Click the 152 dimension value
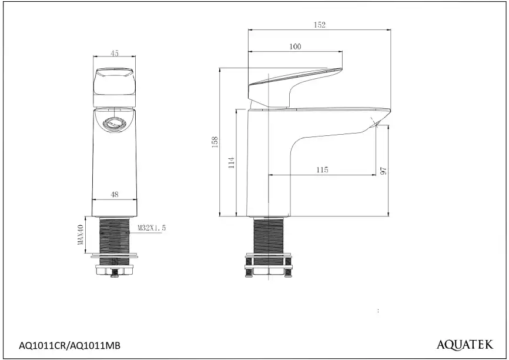[x=319, y=25]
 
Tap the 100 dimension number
[x=295, y=46]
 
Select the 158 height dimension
[x=215, y=142]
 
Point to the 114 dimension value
[x=231, y=162]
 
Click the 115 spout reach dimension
[x=322, y=169]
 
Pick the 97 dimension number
[x=383, y=171]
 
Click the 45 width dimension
[x=114, y=53]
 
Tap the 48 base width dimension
[x=114, y=194]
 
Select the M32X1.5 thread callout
[x=152, y=228]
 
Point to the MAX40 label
[x=81, y=235]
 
